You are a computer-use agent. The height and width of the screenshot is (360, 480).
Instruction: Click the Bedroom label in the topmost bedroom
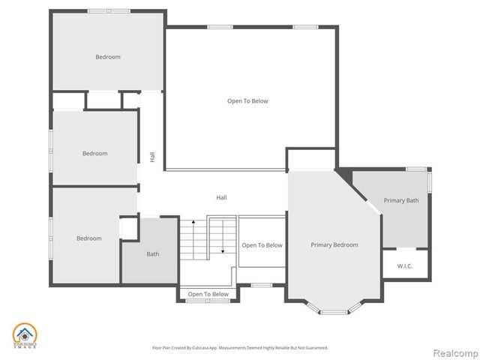pyautogui.click(x=107, y=57)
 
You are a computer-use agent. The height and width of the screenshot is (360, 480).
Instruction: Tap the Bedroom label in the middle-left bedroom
pyautogui.click(x=94, y=153)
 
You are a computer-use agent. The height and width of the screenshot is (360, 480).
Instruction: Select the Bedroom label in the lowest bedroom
pyautogui.click(x=88, y=238)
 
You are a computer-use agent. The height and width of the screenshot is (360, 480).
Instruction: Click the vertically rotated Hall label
pyautogui.click(x=152, y=157)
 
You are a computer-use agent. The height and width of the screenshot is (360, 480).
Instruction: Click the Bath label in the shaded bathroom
pyautogui.click(x=152, y=253)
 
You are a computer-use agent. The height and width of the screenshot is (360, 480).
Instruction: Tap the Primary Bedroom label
pyautogui.click(x=334, y=244)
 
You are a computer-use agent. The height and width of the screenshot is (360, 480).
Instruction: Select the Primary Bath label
pyautogui.click(x=400, y=200)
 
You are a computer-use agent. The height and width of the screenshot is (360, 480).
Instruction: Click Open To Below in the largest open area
pyautogui.click(x=247, y=100)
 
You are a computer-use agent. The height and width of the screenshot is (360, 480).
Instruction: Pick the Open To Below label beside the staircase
pyautogui.click(x=262, y=245)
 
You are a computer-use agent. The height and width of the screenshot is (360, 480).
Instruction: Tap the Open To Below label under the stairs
pyautogui.click(x=208, y=294)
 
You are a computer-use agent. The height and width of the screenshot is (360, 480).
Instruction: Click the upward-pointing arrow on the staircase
pyautogui.click(x=193, y=223)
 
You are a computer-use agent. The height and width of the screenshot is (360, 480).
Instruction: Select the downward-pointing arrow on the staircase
pyautogui.click(x=223, y=250)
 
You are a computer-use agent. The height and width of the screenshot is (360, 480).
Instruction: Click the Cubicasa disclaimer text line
pyautogui.click(x=240, y=348)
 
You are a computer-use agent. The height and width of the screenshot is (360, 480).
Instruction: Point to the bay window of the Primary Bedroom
pyautogui.click(x=334, y=308)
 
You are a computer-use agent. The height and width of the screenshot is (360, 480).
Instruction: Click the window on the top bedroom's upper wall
pyautogui.click(x=109, y=10)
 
